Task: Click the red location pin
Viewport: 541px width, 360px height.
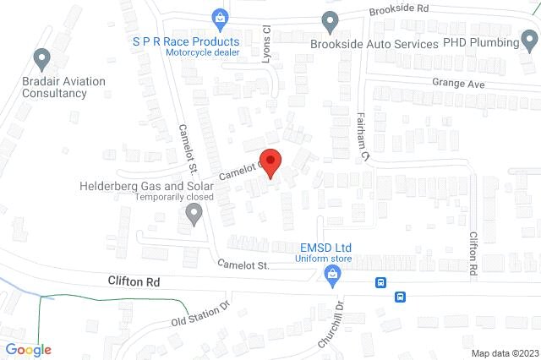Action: [x=270, y=161]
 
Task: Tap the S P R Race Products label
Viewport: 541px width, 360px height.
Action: [x=185, y=41]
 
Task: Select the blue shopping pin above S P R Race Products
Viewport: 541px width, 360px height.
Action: [x=219, y=18]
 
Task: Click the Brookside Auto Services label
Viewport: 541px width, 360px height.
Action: [x=374, y=43]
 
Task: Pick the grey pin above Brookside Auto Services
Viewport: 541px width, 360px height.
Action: [x=330, y=21]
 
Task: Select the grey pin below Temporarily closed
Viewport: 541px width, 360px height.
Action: [x=194, y=216]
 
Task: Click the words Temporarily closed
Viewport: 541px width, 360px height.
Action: [x=176, y=199]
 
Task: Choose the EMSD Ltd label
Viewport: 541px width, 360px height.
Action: [x=325, y=248]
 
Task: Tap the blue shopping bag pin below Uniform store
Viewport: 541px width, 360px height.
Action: [x=334, y=274]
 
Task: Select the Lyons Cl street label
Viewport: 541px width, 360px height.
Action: [x=265, y=40]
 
